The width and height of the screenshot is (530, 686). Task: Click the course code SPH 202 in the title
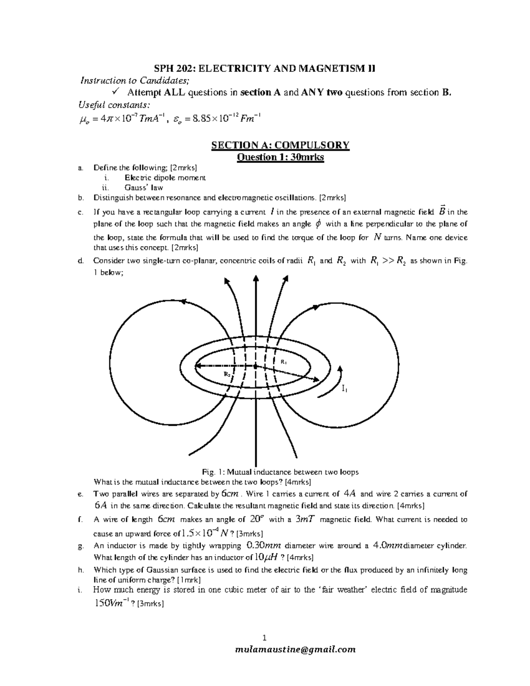173,68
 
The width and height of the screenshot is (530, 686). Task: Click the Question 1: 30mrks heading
280,157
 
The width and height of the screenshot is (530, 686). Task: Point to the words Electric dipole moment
165,178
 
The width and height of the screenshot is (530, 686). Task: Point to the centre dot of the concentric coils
255,366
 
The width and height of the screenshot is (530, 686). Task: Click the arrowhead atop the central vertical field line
255,277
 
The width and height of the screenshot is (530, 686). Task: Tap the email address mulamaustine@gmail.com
295,649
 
